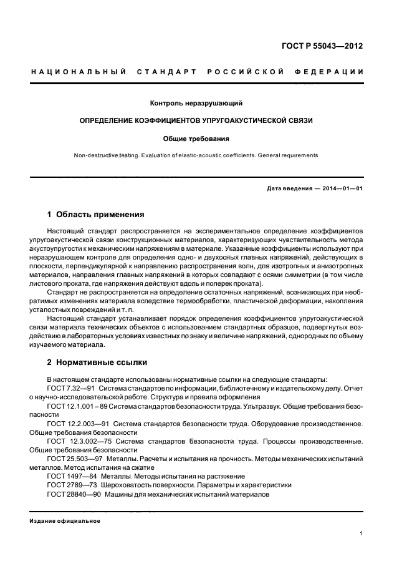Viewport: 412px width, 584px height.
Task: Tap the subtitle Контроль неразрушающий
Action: pos(196,102)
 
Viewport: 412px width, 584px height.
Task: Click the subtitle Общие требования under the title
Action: pos(196,139)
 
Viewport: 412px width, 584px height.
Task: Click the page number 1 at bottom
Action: pos(362,533)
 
